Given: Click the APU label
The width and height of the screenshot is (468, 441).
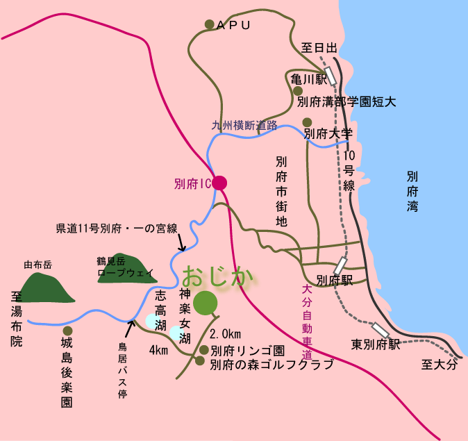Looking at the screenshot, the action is tap(232, 25).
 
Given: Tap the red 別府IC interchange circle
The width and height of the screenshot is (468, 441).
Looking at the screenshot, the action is tap(220, 183).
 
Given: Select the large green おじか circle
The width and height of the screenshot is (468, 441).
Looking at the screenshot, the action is tap(206, 303).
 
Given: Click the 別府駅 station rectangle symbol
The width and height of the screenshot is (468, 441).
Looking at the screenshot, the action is tap(340, 265).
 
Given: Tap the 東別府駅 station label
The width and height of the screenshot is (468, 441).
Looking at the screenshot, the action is tap(376, 344).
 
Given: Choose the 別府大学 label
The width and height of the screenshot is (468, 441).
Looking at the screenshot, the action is tap(328, 133).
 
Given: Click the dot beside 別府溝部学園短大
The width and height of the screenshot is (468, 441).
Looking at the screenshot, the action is tap(297, 91).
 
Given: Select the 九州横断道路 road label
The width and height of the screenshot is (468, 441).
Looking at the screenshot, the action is tap(244, 126).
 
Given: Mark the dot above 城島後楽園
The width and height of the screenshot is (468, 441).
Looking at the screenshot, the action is tap(67, 331).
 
